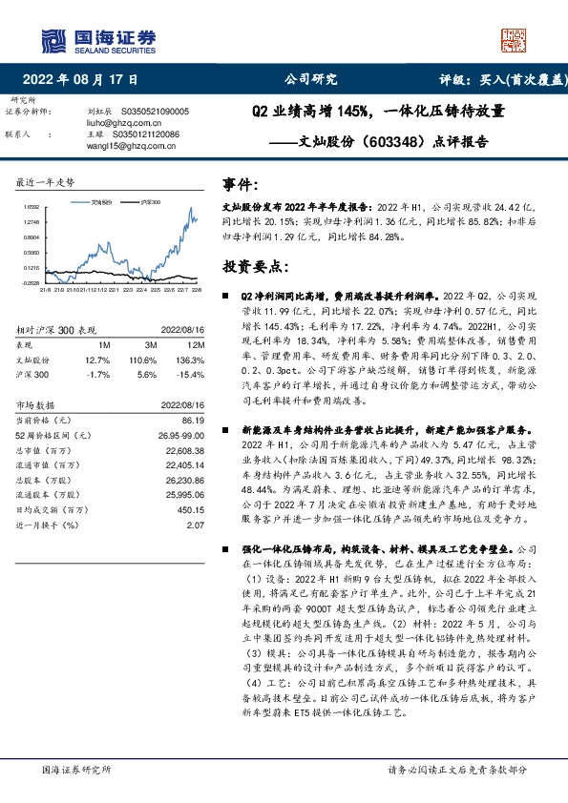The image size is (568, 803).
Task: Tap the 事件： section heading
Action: point(240,184)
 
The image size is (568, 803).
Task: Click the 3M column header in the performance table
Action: point(151,343)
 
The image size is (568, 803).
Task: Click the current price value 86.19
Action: point(193,419)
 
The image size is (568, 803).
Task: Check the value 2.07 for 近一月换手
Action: point(198,524)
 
